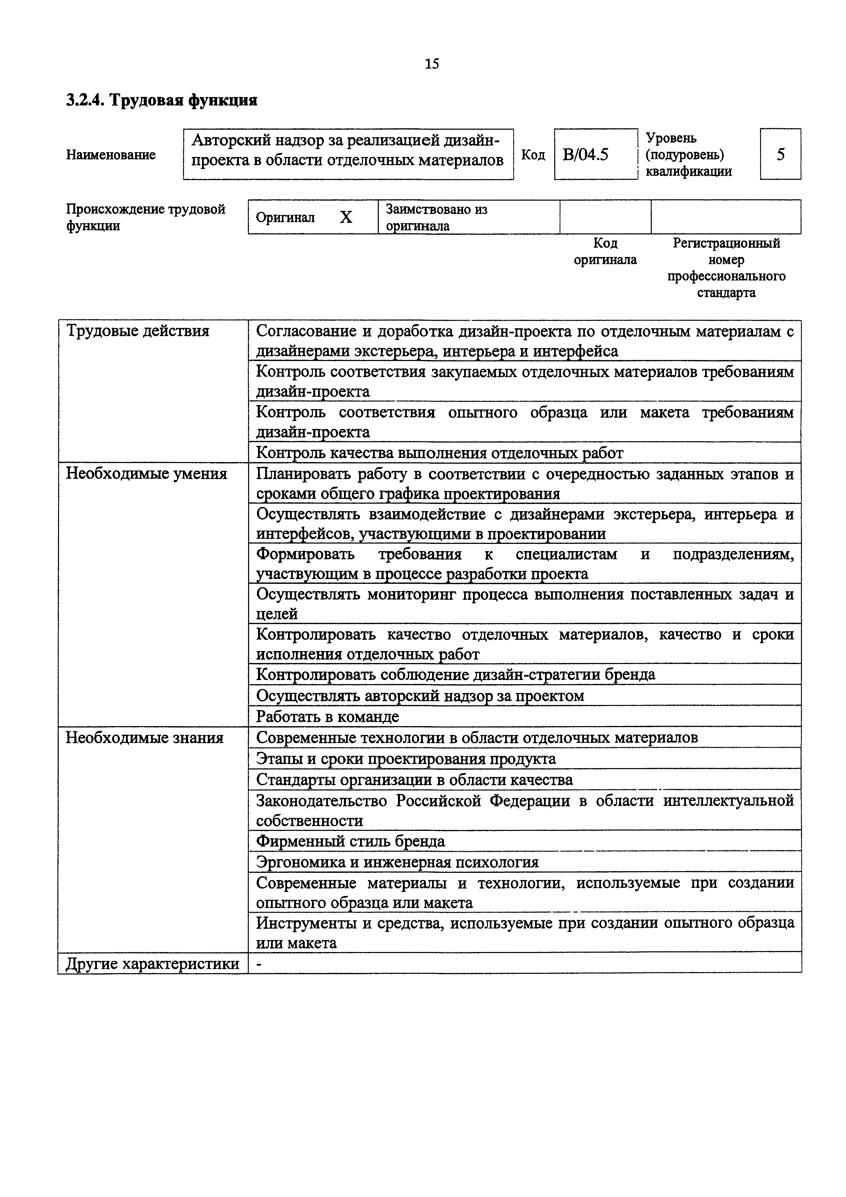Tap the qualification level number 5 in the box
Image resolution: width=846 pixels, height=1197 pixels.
(780, 154)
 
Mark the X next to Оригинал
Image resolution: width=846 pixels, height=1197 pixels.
(346, 217)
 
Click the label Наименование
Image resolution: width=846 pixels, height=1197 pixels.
(111, 155)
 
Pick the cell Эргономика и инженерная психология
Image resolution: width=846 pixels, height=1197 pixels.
(397, 862)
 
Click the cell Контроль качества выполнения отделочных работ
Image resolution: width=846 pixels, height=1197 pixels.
(440, 453)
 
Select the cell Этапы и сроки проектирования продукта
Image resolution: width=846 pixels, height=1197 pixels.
(406, 759)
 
